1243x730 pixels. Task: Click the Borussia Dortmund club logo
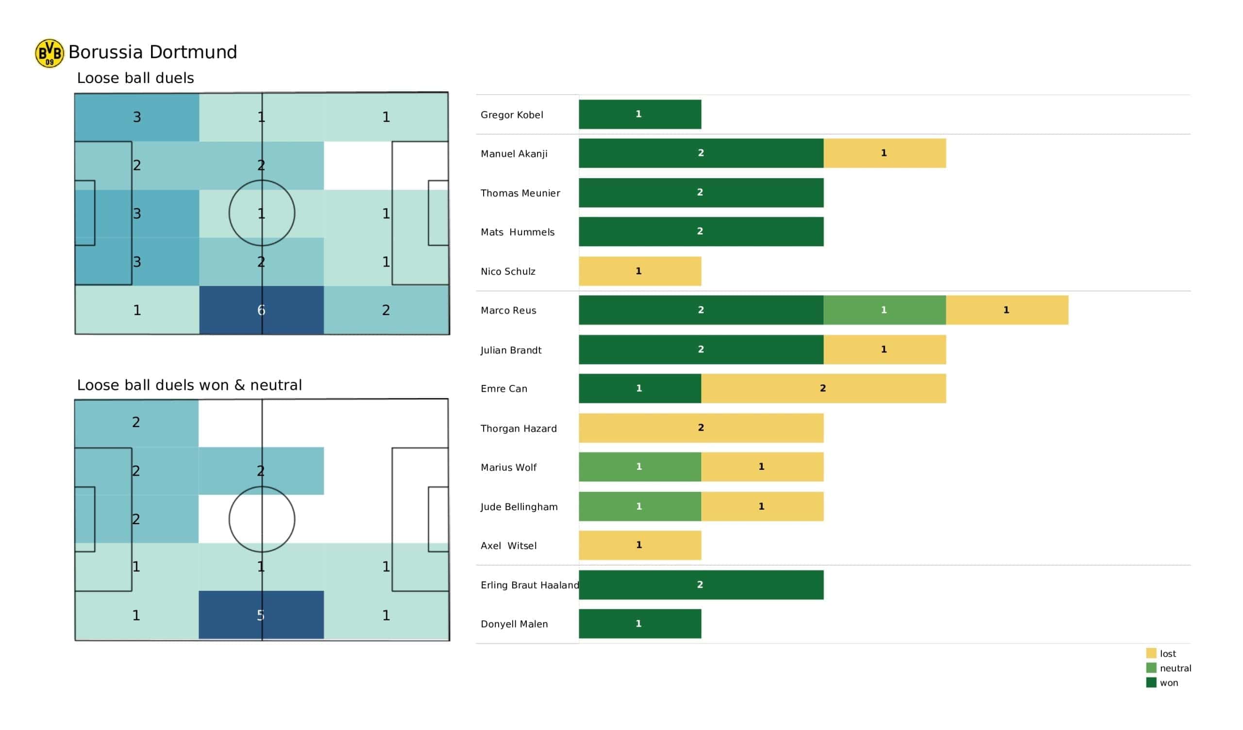50,53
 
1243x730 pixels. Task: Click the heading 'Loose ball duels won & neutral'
189,385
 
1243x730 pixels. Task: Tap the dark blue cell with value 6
261,310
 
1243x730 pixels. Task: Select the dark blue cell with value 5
261,615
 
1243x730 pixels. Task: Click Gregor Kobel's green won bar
640,115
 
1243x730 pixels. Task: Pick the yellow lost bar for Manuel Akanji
884,153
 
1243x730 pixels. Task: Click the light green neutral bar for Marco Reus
884,310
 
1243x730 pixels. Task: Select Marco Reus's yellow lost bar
1007,310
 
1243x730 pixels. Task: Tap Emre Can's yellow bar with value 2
823,389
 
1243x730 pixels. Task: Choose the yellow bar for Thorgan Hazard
701,428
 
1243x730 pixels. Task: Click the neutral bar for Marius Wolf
640,467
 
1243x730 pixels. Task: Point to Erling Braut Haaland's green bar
701,585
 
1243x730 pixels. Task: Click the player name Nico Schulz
508,271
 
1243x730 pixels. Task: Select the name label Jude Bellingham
519,507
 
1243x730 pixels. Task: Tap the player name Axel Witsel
508,546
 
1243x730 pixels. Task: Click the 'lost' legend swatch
1151,653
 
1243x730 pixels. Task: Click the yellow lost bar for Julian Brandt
884,349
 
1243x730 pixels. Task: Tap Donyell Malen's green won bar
640,624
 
